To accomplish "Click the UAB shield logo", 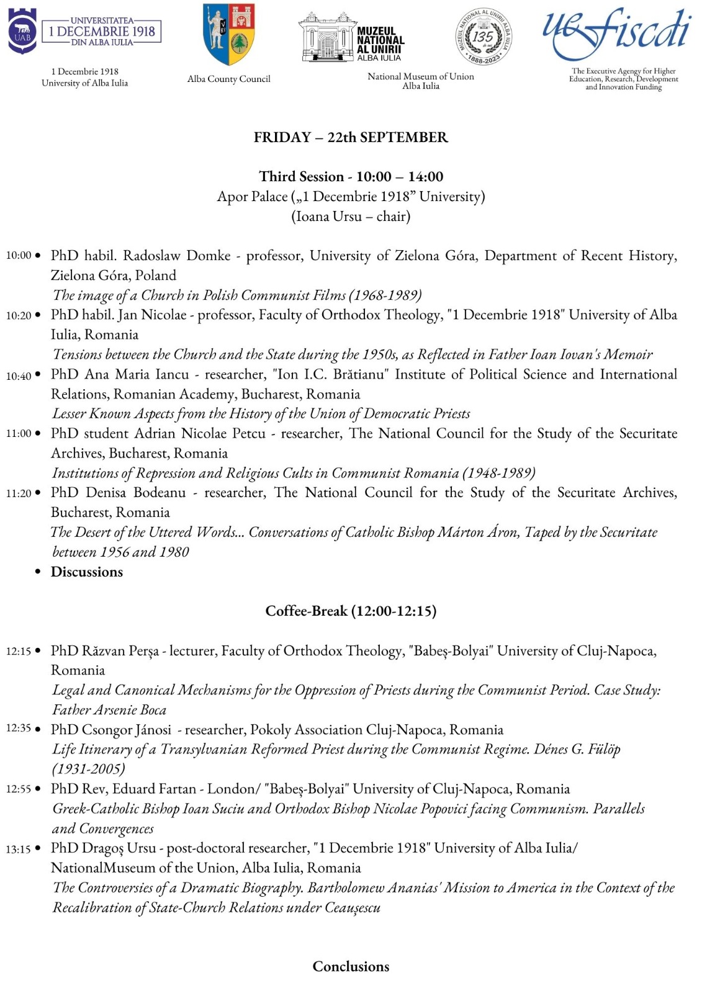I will click(22, 32).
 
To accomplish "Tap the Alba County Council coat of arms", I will click(229, 34).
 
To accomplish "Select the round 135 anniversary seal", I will click(484, 37).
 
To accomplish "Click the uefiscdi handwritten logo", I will click(616, 32).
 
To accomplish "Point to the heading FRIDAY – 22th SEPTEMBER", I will click(351, 137).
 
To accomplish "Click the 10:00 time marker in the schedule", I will click(18, 256).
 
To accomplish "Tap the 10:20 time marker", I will click(18, 315).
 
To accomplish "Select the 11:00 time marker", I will click(18, 434).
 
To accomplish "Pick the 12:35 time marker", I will click(18, 729).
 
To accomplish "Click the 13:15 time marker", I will click(18, 849).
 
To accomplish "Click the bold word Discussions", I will click(87, 572).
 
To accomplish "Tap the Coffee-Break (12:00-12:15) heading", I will click(351, 611).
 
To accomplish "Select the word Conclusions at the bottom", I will click(351, 966).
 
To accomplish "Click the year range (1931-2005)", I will click(89, 769).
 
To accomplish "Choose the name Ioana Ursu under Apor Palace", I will click(326, 217).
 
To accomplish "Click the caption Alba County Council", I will click(229, 79).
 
